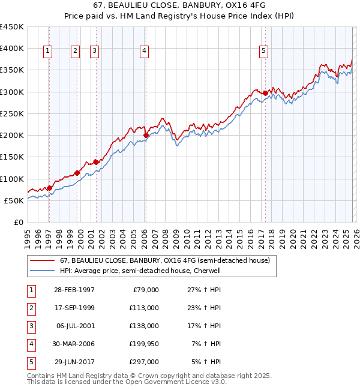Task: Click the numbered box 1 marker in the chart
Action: click(48, 51)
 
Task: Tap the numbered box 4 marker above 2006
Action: click(145, 51)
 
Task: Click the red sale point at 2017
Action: click(265, 93)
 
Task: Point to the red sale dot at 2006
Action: click(146, 136)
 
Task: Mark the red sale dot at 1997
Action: click(49, 188)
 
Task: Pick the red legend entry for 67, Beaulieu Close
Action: click(165, 260)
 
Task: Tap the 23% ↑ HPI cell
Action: click(207, 308)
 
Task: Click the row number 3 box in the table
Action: click(31, 326)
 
